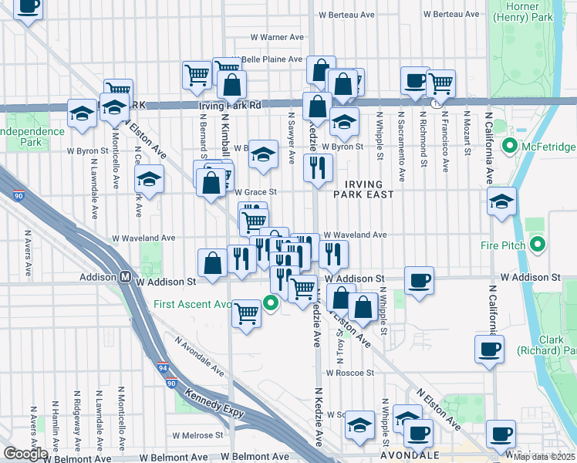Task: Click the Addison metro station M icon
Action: tap(123, 276)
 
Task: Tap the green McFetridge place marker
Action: tap(509, 146)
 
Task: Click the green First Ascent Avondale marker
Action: tap(271, 303)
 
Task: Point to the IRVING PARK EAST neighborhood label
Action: tap(363, 188)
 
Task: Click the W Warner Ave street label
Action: tap(278, 37)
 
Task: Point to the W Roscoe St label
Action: tap(349, 371)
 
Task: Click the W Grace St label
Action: tap(255, 191)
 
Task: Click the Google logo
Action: tap(25, 453)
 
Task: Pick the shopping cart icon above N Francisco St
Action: tap(440, 82)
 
